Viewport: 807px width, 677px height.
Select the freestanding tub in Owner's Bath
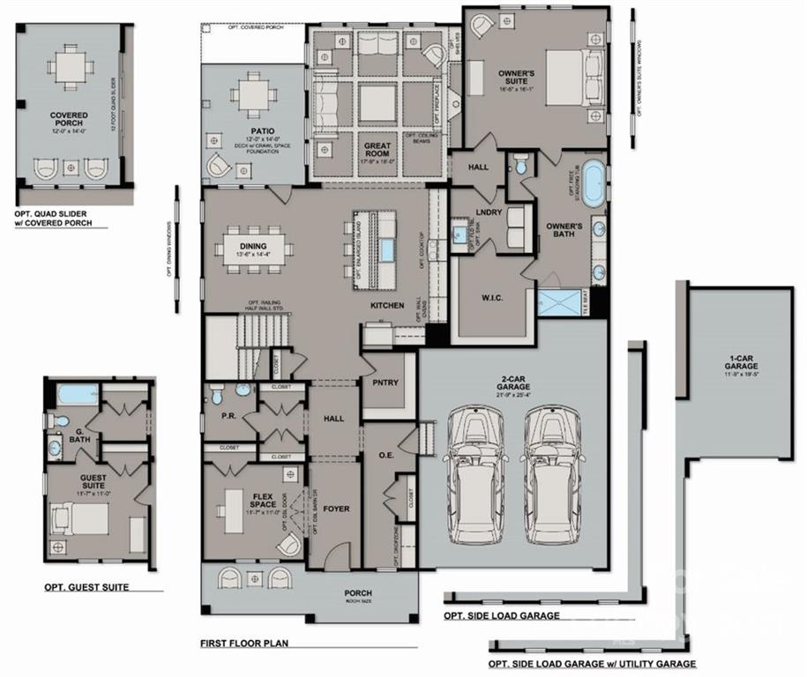coord(596,181)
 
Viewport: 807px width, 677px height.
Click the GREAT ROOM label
coord(377,147)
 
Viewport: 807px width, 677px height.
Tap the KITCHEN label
coord(387,305)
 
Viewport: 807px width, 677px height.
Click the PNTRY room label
coord(386,383)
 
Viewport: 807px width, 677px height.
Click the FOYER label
coord(335,509)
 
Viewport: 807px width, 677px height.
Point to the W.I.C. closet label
coord(491,297)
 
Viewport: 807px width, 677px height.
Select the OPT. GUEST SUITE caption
coord(86,587)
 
